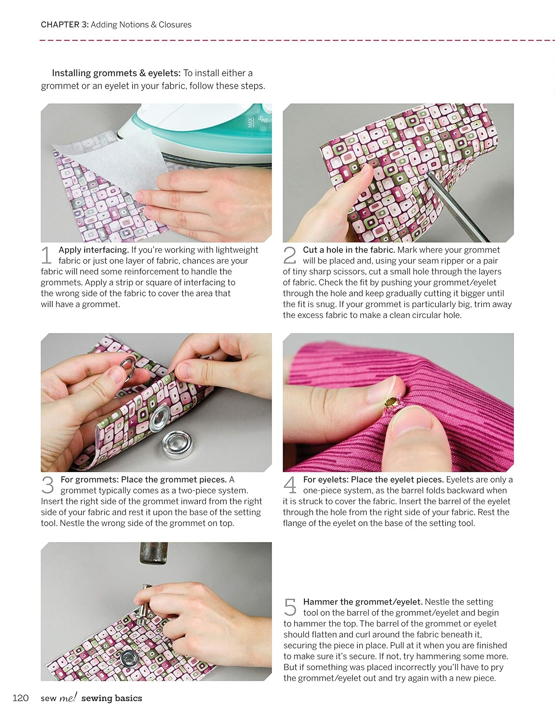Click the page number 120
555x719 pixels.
tap(21, 698)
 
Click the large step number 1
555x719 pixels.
tap(46, 255)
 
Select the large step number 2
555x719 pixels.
tap(290, 255)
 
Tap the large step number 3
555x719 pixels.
tap(48, 485)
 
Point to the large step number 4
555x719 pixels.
tap(290, 485)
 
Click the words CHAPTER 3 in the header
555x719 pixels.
tap(64, 24)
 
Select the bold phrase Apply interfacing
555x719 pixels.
tap(94, 250)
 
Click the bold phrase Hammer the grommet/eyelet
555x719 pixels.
tap(362, 602)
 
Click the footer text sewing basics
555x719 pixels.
tap(112, 698)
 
